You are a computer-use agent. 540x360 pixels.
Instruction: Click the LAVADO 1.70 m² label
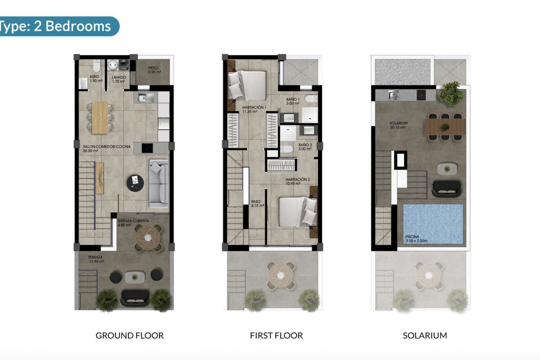tap(118, 79)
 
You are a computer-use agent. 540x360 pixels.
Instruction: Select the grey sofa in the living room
tap(158, 183)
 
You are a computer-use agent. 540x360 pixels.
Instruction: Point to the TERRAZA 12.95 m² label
tap(96, 259)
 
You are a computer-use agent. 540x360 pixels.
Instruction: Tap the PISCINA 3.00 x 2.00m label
tap(416, 239)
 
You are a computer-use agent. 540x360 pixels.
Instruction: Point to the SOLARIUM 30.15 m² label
tap(398, 125)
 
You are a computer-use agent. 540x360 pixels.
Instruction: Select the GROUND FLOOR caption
tap(129, 336)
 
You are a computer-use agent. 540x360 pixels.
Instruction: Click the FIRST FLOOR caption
tap(276, 336)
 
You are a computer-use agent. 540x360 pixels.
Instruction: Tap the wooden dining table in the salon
tap(100, 117)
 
